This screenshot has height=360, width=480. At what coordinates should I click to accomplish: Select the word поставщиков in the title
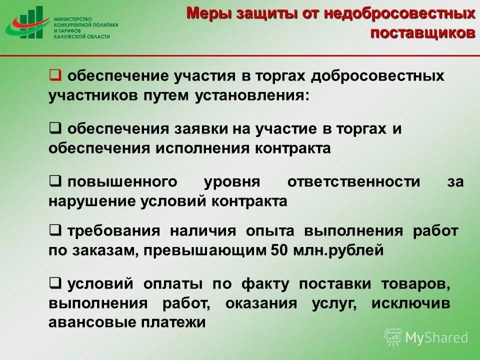[422, 33]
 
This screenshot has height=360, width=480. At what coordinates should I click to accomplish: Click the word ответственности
[354, 182]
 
